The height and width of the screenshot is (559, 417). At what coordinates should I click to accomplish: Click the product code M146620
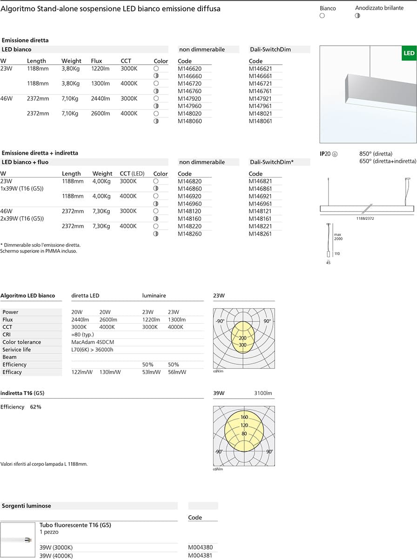click(x=189, y=68)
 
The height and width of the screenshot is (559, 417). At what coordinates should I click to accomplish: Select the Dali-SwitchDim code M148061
click(x=260, y=121)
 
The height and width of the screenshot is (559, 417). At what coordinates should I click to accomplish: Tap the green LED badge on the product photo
click(x=408, y=54)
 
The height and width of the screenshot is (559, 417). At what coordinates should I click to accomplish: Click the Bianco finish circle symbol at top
click(x=322, y=16)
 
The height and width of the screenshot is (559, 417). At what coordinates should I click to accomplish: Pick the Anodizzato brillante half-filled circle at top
click(x=357, y=16)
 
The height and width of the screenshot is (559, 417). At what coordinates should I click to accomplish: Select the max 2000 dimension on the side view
click(x=338, y=236)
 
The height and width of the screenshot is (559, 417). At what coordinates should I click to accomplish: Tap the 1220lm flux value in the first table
click(x=100, y=68)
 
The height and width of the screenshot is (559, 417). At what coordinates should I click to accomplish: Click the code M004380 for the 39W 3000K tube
click(x=200, y=547)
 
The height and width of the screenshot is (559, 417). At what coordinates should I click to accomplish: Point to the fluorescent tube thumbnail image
click(x=18, y=539)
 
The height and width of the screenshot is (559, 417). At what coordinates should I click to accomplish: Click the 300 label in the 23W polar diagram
click(x=242, y=345)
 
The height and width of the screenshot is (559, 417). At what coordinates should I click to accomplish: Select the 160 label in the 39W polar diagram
click(x=244, y=417)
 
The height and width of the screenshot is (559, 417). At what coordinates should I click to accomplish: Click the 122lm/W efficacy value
click(x=81, y=372)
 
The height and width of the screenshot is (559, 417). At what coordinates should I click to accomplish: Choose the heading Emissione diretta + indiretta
click(x=40, y=153)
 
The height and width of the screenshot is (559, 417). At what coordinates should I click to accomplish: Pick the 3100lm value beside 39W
click(x=263, y=393)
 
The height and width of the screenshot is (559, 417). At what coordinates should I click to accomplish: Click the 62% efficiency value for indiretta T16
click(x=35, y=407)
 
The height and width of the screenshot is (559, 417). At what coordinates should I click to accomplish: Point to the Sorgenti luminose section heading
click(x=27, y=505)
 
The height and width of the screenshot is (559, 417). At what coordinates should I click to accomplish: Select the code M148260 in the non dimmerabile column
click(x=189, y=234)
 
